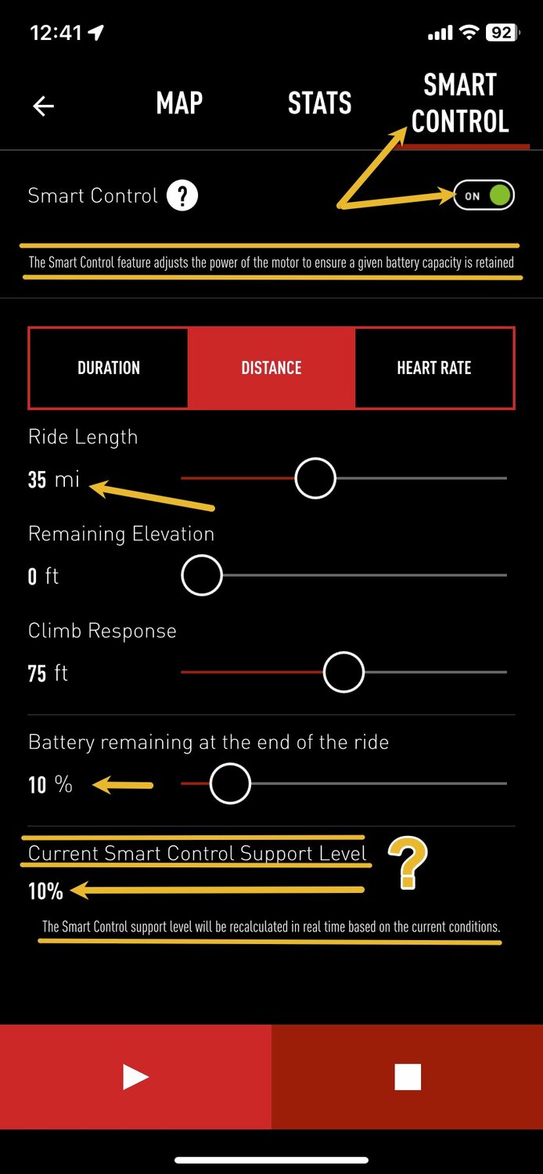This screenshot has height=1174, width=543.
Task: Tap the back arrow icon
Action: click(x=44, y=106)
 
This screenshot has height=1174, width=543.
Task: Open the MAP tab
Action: click(x=179, y=103)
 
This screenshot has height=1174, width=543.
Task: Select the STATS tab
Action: click(x=320, y=103)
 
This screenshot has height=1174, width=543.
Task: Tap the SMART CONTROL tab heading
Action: click(x=459, y=103)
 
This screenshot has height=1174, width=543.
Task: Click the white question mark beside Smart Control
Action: click(x=182, y=196)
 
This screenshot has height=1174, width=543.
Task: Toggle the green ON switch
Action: click(x=484, y=196)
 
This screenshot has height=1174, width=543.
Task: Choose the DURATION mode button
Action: click(x=109, y=368)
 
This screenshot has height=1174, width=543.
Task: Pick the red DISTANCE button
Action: click(x=271, y=368)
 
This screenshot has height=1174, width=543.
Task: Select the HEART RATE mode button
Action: click(x=434, y=368)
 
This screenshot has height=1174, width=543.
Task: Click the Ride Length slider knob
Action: click(x=315, y=478)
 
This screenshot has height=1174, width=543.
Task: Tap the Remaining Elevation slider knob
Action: click(x=202, y=575)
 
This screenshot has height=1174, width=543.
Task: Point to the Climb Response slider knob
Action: click(x=343, y=672)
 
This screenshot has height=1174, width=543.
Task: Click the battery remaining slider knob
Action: click(x=230, y=783)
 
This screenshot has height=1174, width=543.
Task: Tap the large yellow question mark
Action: click(x=408, y=862)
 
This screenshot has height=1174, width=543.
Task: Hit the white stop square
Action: click(x=408, y=1076)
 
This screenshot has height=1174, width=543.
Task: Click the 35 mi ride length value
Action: click(x=53, y=480)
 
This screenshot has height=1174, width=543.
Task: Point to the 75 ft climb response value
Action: click(x=48, y=673)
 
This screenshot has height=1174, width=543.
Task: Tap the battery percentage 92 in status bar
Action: click(x=502, y=33)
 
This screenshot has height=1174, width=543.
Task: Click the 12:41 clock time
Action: click(x=56, y=33)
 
